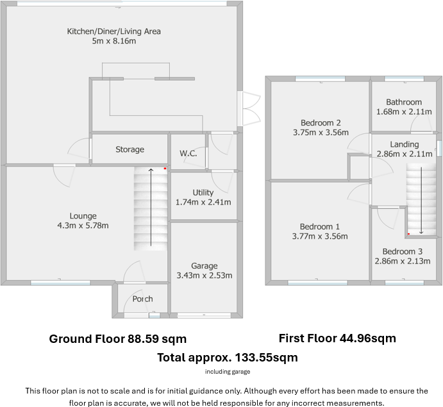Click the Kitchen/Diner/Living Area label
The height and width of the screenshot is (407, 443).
114,31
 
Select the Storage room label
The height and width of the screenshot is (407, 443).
130,149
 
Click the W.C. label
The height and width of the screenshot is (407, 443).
188,153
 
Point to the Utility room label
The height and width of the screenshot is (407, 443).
203,192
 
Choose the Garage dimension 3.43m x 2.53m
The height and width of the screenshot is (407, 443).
205,276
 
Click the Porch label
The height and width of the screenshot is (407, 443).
142,299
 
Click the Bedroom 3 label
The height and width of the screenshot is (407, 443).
402,252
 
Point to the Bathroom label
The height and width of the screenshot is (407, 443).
404,102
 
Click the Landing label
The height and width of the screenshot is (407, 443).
404,144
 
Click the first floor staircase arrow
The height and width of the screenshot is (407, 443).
421,200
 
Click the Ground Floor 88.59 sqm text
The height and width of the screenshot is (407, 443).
117,338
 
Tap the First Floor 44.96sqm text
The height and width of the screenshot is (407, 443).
337,338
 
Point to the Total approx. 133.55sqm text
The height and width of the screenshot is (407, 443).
227,358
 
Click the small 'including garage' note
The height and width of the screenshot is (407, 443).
228,372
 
